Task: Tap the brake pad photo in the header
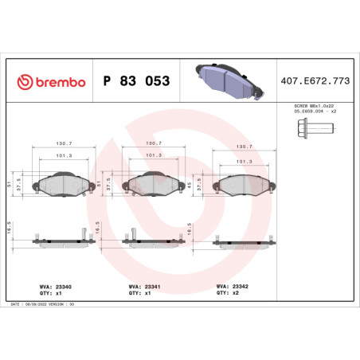pos(224,80)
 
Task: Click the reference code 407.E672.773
pos(315,81)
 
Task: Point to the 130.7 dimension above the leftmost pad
pos(61,144)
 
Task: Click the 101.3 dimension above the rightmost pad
pos(245,161)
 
